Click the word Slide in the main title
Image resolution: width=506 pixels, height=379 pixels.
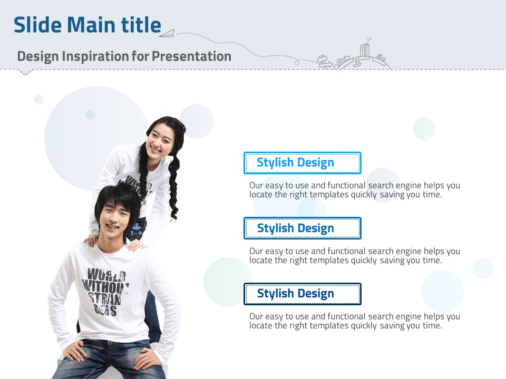[x=37, y=25]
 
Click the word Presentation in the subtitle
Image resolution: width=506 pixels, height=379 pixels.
[x=192, y=56]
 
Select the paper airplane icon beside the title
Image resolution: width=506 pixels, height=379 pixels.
[x=167, y=33]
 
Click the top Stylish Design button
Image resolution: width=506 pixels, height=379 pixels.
[x=303, y=163]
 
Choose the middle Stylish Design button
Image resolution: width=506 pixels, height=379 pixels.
[x=303, y=228]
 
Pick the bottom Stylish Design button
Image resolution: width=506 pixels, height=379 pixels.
[x=303, y=294]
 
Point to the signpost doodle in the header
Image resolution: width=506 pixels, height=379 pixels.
[x=324, y=62]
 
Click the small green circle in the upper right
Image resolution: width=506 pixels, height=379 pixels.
[x=424, y=128]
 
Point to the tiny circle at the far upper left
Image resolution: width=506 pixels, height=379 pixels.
[x=38, y=99]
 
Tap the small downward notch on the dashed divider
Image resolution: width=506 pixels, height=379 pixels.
[x=25, y=72]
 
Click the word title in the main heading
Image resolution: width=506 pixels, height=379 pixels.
[x=141, y=25]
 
